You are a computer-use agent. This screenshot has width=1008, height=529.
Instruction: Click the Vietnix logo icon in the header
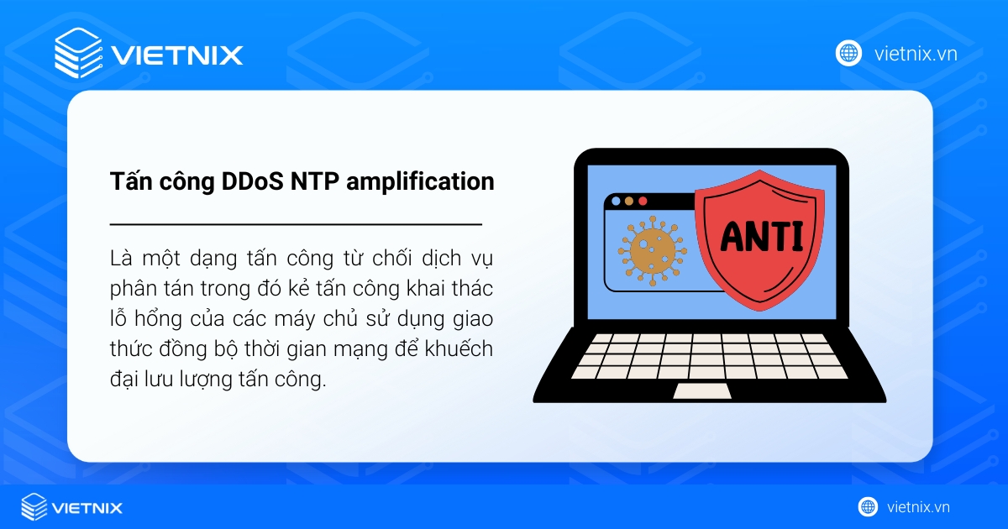[78, 53]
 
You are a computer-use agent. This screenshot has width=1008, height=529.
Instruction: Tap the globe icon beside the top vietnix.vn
[848, 54]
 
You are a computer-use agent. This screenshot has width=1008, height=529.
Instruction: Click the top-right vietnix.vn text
[916, 55]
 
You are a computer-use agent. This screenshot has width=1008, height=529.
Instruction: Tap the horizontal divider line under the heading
[296, 225]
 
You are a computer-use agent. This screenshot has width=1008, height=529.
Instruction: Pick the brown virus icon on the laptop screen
[652, 249]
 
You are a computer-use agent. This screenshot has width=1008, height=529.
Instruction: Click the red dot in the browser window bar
[643, 202]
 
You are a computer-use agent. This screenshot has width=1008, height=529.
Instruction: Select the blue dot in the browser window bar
[616, 202]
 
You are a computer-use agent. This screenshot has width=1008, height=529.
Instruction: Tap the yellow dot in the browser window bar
[629, 202]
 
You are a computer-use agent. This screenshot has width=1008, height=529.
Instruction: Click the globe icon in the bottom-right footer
[868, 506]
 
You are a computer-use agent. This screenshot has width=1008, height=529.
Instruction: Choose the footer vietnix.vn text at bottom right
[918, 507]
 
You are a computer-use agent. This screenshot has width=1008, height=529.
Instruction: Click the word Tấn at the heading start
[129, 181]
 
